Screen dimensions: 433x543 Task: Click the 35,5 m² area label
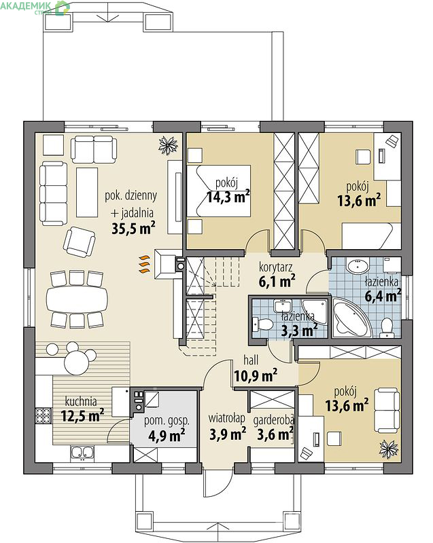point(133,228)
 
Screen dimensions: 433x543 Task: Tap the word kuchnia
point(81,401)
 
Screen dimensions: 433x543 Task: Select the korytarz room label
point(275,267)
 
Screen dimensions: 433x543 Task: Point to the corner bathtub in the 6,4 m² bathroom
point(352,318)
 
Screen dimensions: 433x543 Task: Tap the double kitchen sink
point(82,453)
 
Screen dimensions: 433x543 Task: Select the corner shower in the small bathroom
point(314,312)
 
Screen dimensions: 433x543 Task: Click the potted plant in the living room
point(168,145)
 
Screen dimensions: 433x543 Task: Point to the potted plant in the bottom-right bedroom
point(388,449)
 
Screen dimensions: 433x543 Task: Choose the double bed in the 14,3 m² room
point(219,191)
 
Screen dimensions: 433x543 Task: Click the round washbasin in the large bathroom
point(358,266)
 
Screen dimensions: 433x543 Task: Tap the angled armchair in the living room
point(80,242)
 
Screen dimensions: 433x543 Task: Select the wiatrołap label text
point(227,418)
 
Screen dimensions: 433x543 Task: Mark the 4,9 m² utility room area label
point(167,435)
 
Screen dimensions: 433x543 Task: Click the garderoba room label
point(273,420)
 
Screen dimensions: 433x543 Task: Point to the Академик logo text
point(25,5)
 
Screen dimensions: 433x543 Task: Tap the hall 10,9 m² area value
point(256,375)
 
